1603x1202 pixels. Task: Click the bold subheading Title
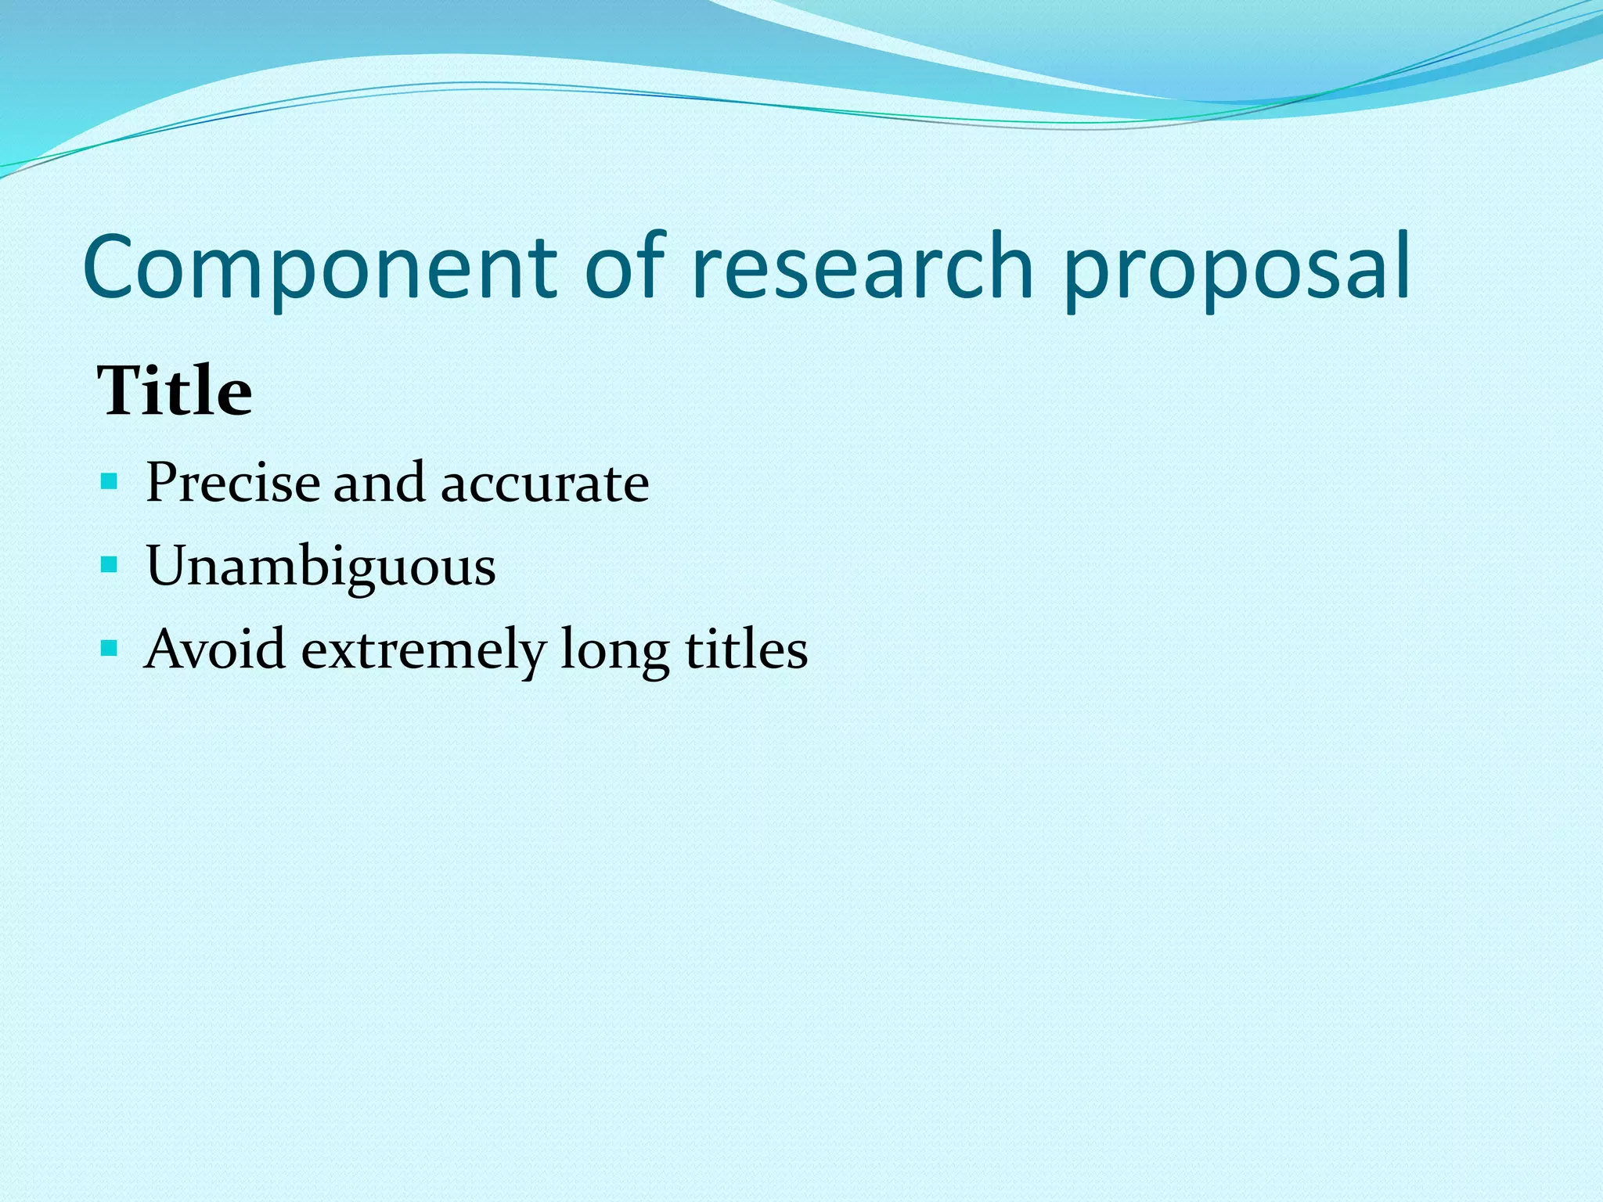coord(175,390)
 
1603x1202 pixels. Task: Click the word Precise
coord(232,482)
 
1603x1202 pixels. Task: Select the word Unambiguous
coord(321,566)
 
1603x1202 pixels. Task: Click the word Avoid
coord(214,649)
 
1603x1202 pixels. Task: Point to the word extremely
coord(423,650)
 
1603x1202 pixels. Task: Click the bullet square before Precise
coord(110,480)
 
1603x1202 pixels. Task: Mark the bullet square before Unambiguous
coord(110,563)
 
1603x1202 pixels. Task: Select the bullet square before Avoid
coord(110,648)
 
